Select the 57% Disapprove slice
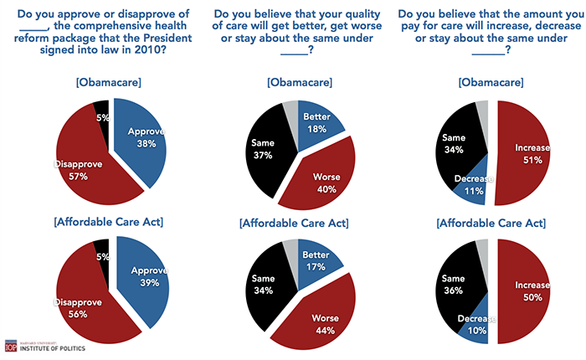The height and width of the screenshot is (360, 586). (x=84, y=163)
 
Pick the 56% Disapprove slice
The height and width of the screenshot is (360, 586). (x=84, y=297)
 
